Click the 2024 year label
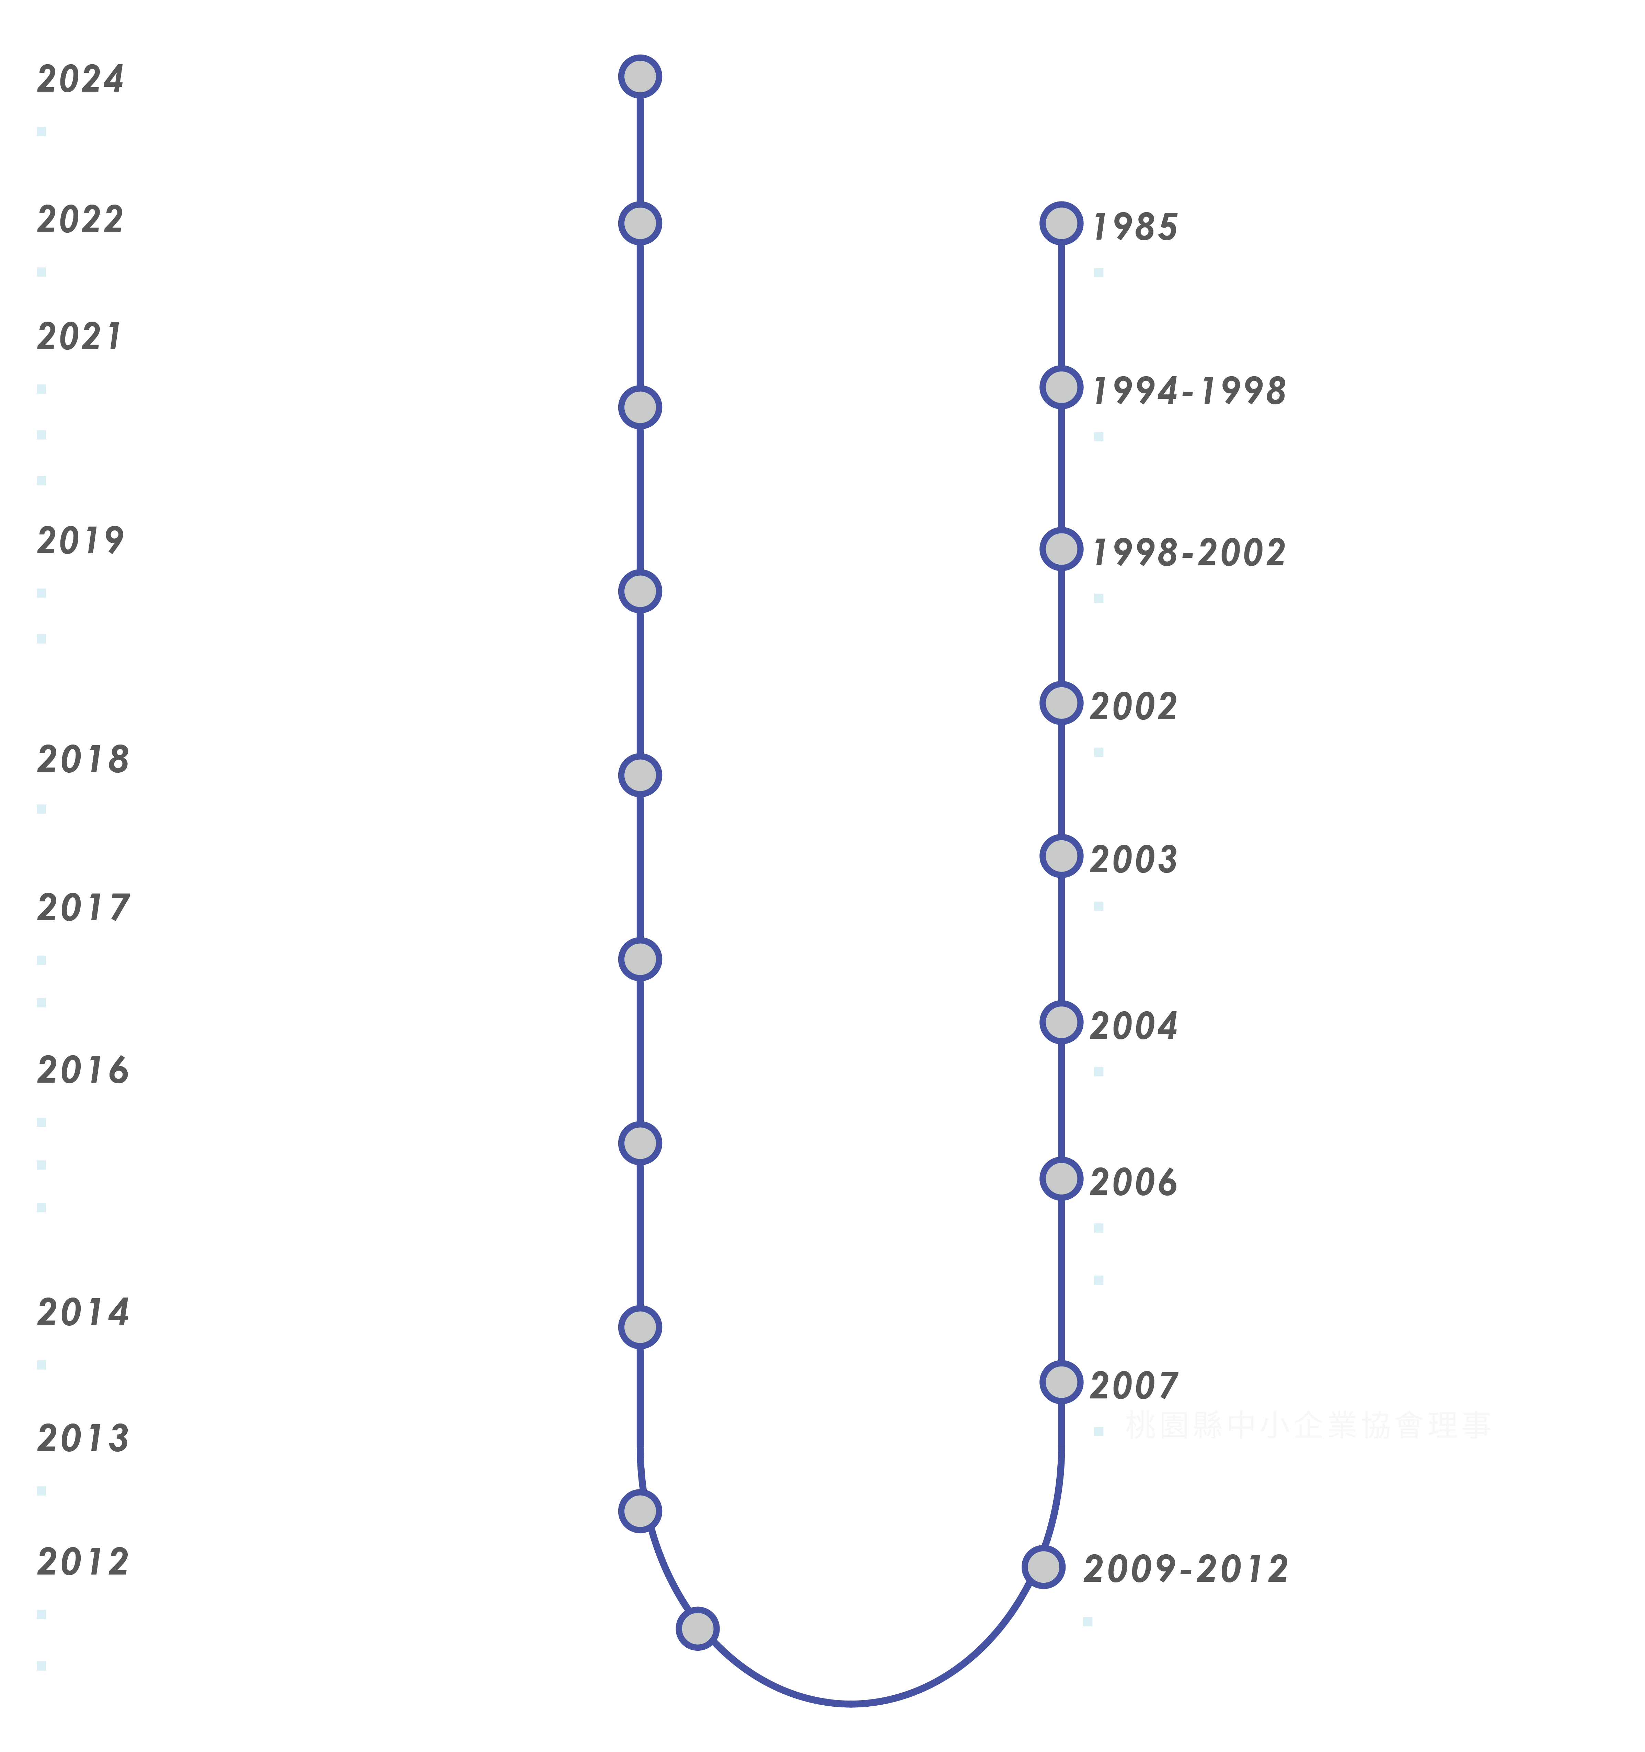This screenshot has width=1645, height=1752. pyautogui.click(x=80, y=79)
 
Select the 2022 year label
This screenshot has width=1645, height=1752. pyautogui.click(x=80, y=219)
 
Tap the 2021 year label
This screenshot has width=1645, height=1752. pyautogui.click(x=79, y=337)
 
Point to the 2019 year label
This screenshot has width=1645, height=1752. pyautogui.click(x=80, y=541)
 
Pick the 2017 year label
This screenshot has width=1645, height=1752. pyautogui.click(x=83, y=908)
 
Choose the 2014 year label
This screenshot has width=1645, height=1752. pyautogui.click(x=83, y=1313)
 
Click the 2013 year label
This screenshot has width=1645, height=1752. pyautogui.click(x=83, y=1439)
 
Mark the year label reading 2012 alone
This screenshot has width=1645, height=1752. pyautogui.click(x=83, y=1563)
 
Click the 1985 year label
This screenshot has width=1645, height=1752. pyautogui.click(x=1135, y=227)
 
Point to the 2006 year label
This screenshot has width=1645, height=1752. pyautogui.click(x=1134, y=1183)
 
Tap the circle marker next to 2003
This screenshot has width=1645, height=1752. pyautogui.click(x=1061, y=857)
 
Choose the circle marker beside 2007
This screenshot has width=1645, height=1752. pyautogui.click(x=1061, y=1383)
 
